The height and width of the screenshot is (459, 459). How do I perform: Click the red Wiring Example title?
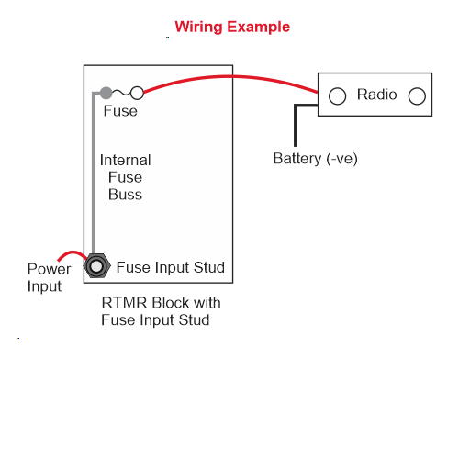[232, 28]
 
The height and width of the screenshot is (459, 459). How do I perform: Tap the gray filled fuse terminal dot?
[106, 93]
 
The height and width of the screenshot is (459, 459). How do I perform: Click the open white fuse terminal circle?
[137, 93]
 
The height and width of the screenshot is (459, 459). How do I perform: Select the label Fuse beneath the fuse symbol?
[120, 111]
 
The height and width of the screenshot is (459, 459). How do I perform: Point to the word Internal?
[126, 160]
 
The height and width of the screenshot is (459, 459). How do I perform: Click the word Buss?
[125, 195]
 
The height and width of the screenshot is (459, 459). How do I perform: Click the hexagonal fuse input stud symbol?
[97, 266]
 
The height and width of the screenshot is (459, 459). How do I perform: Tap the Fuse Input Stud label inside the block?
[171, 267]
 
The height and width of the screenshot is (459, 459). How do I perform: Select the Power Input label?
[49, 277]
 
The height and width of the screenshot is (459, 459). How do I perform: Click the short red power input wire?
[73, 252]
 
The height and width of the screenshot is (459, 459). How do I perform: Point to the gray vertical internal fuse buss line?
[94, 173]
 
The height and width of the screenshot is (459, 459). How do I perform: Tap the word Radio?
[377, 95]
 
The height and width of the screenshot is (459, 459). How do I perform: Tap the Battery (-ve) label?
[315, 159]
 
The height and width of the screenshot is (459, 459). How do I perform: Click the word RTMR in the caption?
[124, 303]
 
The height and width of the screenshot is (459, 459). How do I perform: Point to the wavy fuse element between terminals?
[121, 92]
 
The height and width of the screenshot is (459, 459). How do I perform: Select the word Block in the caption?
[171, 303]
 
